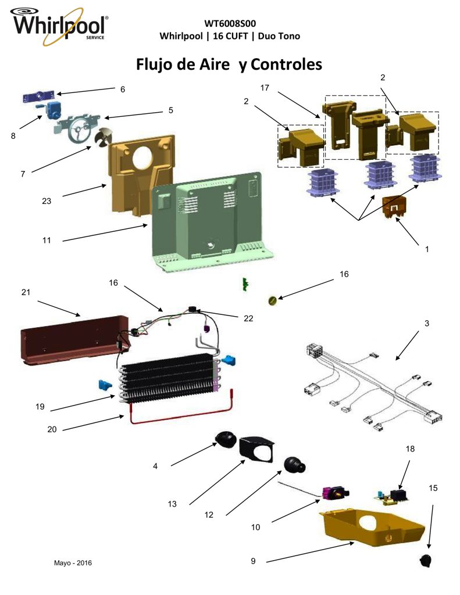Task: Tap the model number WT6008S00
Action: (230, 23)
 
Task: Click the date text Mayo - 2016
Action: (73, 562)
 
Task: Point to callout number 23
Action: (47, 201)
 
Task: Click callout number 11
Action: (47, 240)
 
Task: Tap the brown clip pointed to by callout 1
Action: (394, 207)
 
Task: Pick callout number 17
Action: (265, 88)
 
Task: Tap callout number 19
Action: (40, 407)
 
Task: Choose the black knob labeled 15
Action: (426, 560)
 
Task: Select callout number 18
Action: (410, 449)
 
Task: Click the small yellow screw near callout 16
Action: (273, 301)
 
